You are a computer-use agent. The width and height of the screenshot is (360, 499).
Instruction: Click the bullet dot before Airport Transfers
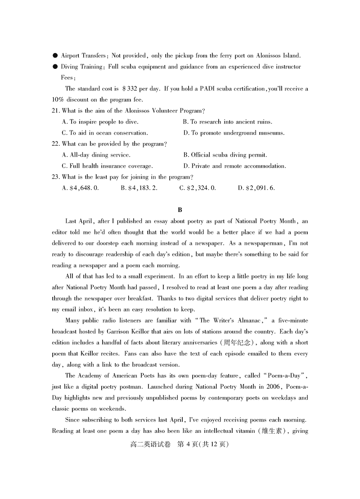[55, 55]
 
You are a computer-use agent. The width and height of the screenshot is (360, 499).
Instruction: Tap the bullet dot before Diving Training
[55, 67]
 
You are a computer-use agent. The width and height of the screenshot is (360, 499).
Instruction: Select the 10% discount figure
[58, 100]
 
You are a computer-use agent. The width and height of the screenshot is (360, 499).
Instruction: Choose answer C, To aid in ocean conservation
[104, 133]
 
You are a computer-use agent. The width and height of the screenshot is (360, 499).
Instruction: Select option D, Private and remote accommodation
[234, 166]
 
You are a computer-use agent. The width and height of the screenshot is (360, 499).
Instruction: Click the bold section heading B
[180, 210]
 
